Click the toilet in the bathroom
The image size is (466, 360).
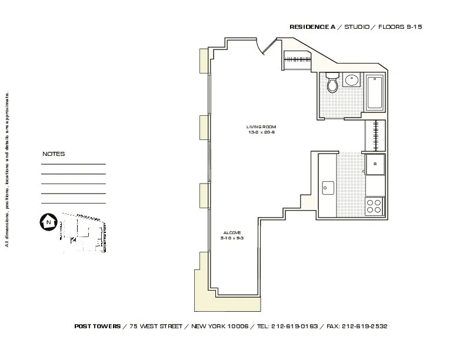pos(332,84)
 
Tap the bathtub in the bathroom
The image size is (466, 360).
pos(375,94)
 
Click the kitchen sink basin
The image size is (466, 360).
pos(328,187)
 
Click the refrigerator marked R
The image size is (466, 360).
pos(374,164)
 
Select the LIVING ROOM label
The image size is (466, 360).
pos(261,127)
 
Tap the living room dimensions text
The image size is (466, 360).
pos(261,132)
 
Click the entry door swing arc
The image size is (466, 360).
pos(266,47)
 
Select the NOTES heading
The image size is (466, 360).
pos(54,154)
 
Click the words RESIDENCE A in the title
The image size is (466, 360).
pos(312,28)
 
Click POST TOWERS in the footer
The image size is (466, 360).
pos(98,326)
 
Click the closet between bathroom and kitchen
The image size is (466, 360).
pos(375,135)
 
